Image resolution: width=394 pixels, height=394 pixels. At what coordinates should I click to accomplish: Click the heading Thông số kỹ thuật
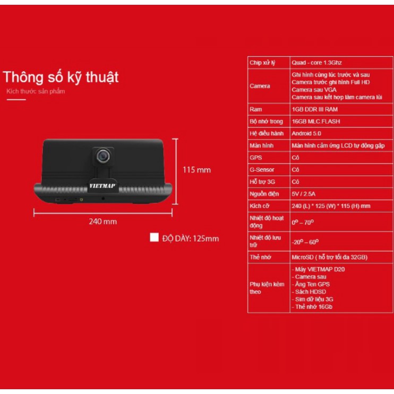61,78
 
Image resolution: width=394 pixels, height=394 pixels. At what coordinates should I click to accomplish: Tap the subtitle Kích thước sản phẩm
36,91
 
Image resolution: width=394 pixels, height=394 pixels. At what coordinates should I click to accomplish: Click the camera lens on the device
104,156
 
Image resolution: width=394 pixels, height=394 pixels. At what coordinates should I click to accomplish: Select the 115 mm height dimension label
196,170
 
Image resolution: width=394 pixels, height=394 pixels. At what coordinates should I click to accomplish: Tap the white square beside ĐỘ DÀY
154,238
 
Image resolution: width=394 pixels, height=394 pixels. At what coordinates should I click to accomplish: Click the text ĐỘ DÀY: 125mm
190,238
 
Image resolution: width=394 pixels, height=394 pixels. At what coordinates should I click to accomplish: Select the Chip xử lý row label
262,63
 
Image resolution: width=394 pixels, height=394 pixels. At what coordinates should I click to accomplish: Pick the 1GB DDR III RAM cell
314,109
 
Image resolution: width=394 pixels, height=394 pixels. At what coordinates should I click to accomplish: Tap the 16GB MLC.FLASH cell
316,122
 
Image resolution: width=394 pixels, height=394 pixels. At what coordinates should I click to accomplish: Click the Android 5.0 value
306,134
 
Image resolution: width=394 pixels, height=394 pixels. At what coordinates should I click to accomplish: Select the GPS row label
255,158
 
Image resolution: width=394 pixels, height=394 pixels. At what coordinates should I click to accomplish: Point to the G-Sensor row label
261,170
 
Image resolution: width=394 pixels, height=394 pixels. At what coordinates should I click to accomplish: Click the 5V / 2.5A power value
304,194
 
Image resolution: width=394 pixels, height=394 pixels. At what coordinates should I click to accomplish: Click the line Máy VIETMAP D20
319,270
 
